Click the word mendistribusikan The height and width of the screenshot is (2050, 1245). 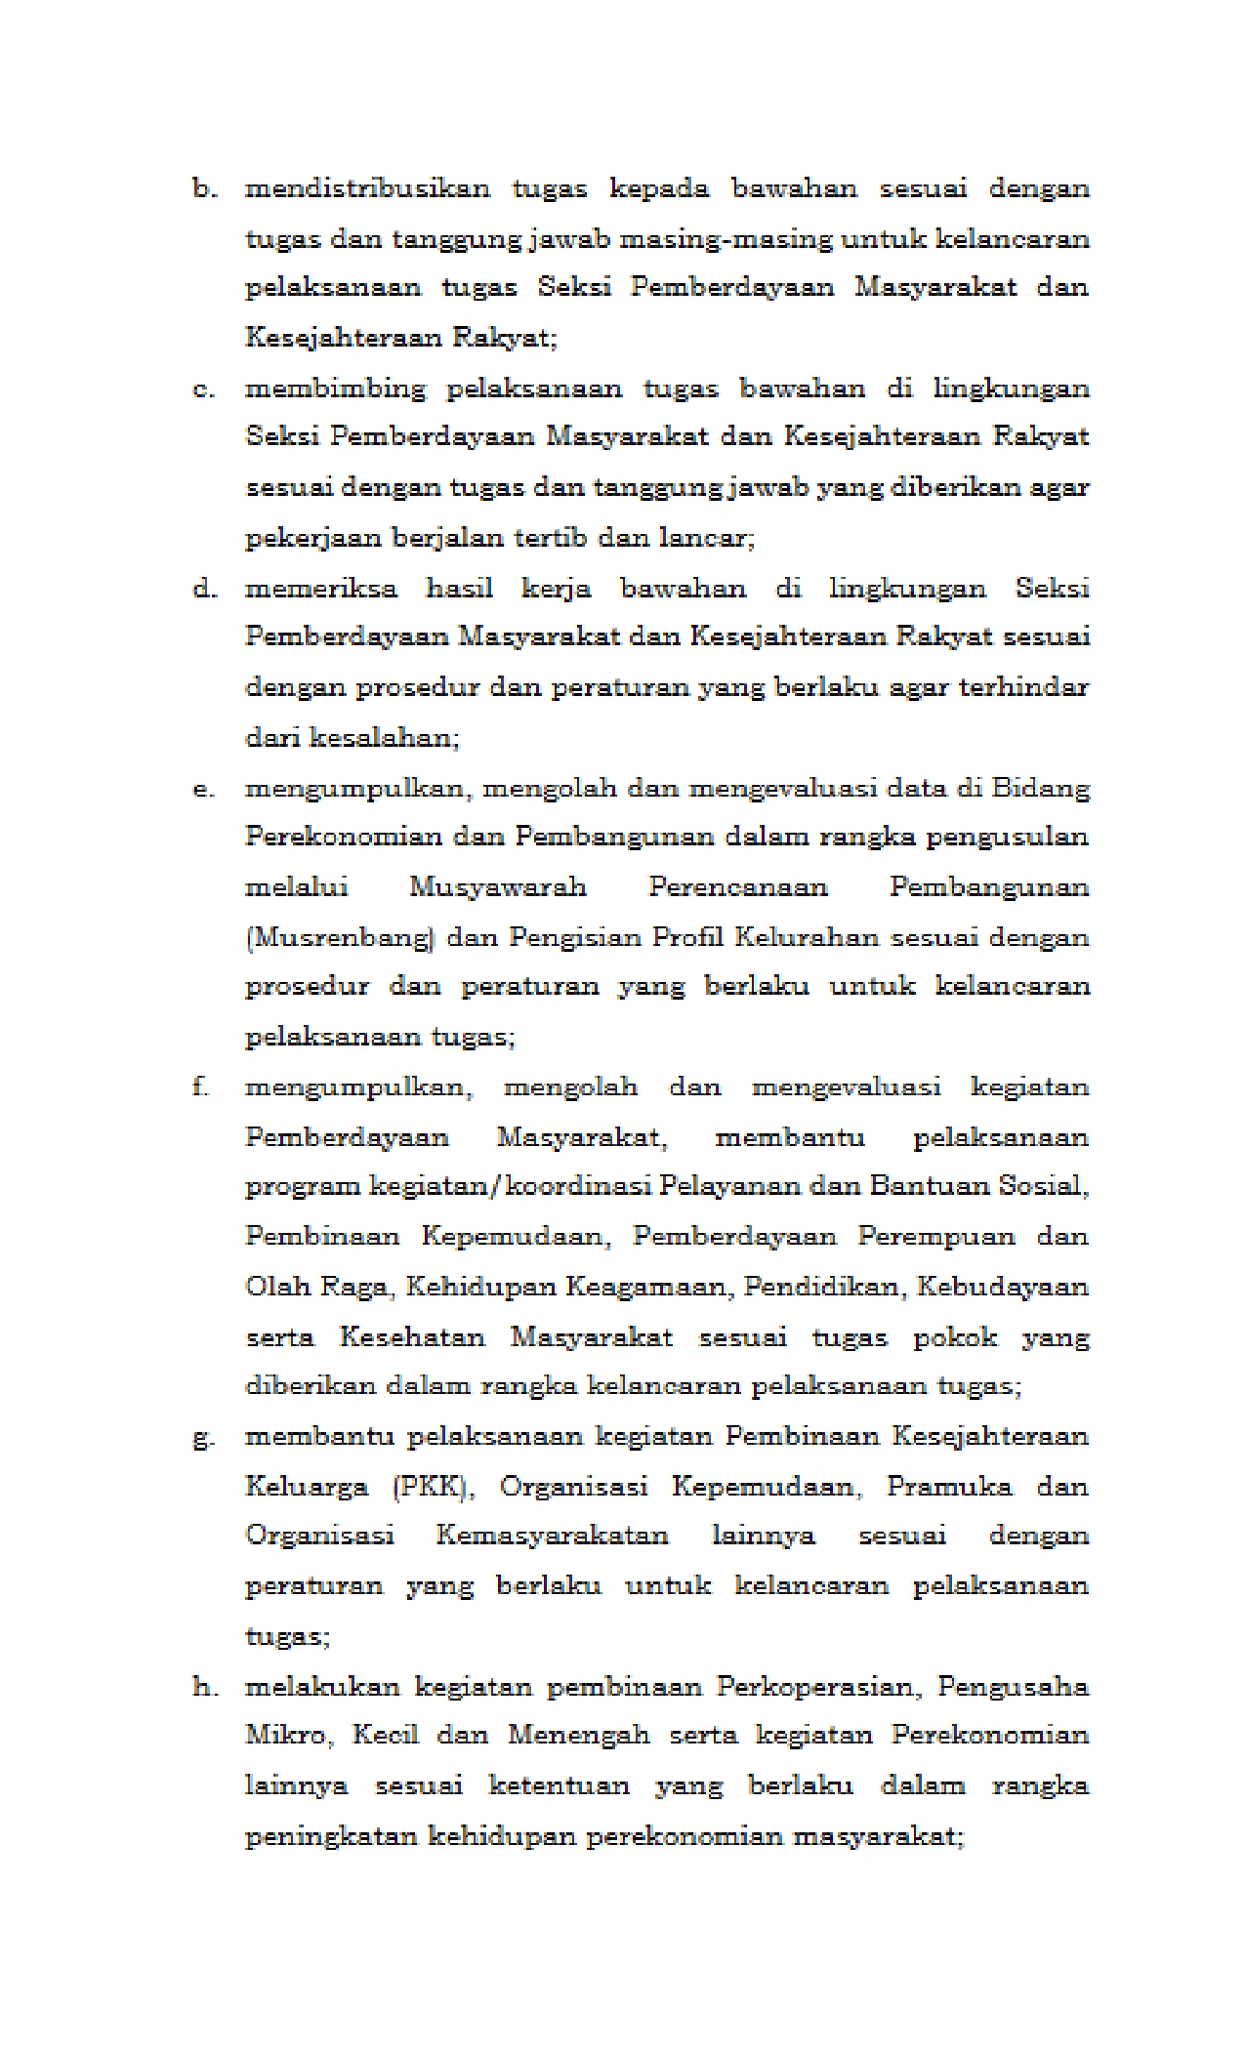pos(366,188)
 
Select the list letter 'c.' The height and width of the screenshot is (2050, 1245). pos(203,389)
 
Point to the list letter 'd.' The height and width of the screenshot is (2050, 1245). pos(203,589)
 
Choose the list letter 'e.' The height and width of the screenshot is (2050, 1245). pos(203,789)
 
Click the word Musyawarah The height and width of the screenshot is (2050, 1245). pos(497,887)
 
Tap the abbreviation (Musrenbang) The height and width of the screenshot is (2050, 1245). pos(339,938)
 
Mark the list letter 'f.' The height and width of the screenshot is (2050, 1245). pos(200,1087)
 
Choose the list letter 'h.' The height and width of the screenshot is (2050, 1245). pos(203,1687)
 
